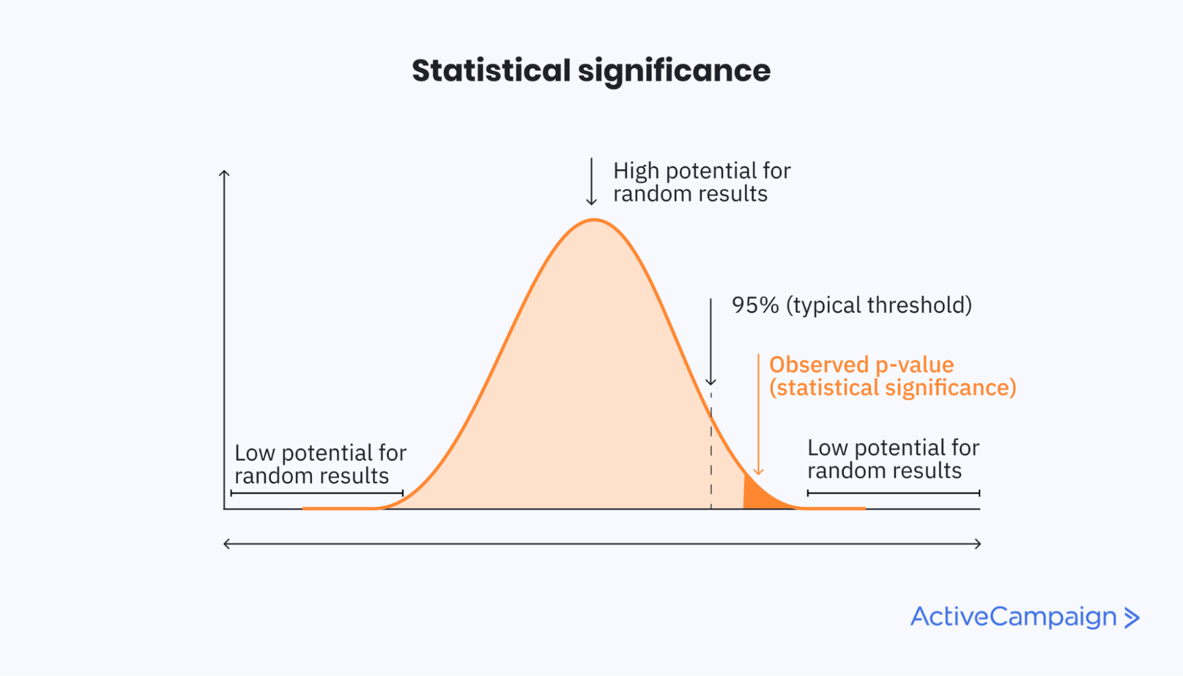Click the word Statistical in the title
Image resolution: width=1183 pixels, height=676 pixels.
pyautogui.click(x=491, y=70)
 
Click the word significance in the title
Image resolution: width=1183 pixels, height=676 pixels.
pyautogui.click(x=674, y=70)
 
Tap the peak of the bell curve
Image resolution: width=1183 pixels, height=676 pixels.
pyautogui.click(x=593, y=220)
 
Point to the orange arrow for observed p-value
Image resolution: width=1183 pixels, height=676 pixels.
pyautogui.click(x=758, y=419)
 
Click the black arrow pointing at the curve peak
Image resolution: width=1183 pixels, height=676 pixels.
pyautogui.click(x=591, y=182)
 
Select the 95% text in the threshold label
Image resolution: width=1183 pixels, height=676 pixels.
pyautogui.click(x=755, y=305)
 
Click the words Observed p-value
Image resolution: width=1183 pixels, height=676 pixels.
pyautogui.click(x=861, y=364)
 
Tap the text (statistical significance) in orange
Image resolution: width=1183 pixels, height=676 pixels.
pyautogui.click(x=892, y=388)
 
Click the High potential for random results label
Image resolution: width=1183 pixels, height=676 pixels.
pyautogui.click(x=701, y=182)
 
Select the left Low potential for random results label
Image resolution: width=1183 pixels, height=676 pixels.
pyautogui.click(x=320, y=464)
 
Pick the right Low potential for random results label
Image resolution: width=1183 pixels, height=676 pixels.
pyautogui.click(x=892, y=459)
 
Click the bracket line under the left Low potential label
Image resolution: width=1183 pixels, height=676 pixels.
pyautogui.click(x=317, y=493)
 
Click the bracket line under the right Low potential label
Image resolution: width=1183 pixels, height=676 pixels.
pyautogui.click(x=893, y=493)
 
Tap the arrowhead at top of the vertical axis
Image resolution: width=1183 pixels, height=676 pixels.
pyautogui.click(x=224, y=174)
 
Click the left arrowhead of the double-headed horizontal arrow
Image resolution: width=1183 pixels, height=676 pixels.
pyautogui.click(x=227, y=544)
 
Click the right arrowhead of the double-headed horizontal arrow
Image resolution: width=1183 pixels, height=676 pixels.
pyautogui.click(x=978, y=544)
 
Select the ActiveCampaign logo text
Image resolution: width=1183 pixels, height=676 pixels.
pyautogui.click(x=1013, y=617)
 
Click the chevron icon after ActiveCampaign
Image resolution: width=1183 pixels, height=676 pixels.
pyautogui.click(x=1131, y=618)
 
